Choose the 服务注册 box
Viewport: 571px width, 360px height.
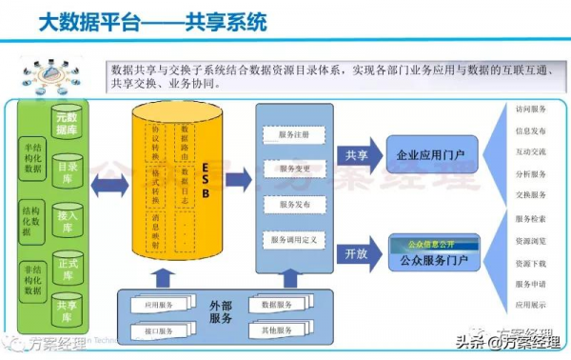click(295, 134)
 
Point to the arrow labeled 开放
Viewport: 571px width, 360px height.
click(358, 254)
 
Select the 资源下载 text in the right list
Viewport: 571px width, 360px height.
click(530, 262)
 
